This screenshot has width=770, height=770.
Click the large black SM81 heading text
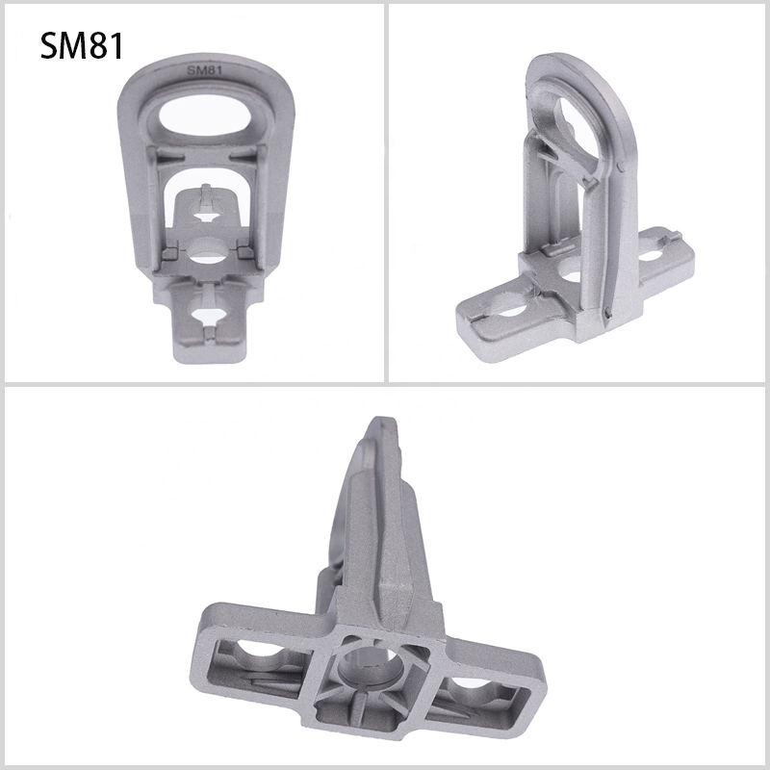pos(82,45)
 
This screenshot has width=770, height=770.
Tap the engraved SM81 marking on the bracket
pos(204,70)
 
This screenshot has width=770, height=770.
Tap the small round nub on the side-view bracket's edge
pos(620,167)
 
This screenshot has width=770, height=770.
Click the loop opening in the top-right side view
pos(578,132)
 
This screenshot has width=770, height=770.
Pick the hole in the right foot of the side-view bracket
pos(652,255)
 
